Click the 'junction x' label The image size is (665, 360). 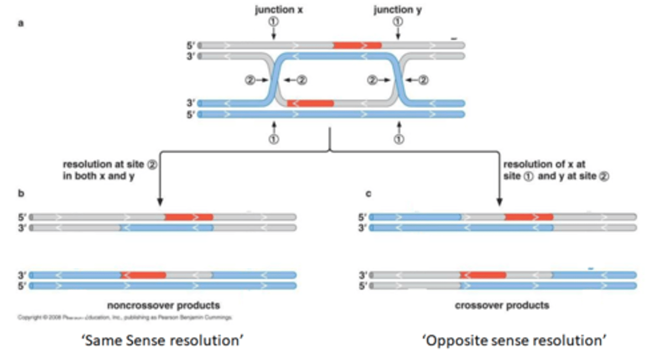point(279,10)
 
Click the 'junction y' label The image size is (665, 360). point(397,10)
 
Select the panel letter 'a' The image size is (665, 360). point(20,23)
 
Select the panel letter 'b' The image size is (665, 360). point(20,193)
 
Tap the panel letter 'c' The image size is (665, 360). point(368,193)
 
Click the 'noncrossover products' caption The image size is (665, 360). point(163,305)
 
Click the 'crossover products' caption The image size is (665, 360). point(502,305)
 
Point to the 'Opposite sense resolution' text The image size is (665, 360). point(514,340)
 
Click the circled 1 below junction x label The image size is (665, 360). point(273,21)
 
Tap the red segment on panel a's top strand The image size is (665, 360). point(357,45)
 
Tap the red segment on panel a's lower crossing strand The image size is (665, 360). point(310,103)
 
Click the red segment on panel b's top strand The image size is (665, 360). point(188,216)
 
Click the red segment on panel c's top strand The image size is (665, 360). point(528,216)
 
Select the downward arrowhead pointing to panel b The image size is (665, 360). point(160,202)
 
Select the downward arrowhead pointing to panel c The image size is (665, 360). point(499,202)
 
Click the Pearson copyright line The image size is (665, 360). point(125,317)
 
